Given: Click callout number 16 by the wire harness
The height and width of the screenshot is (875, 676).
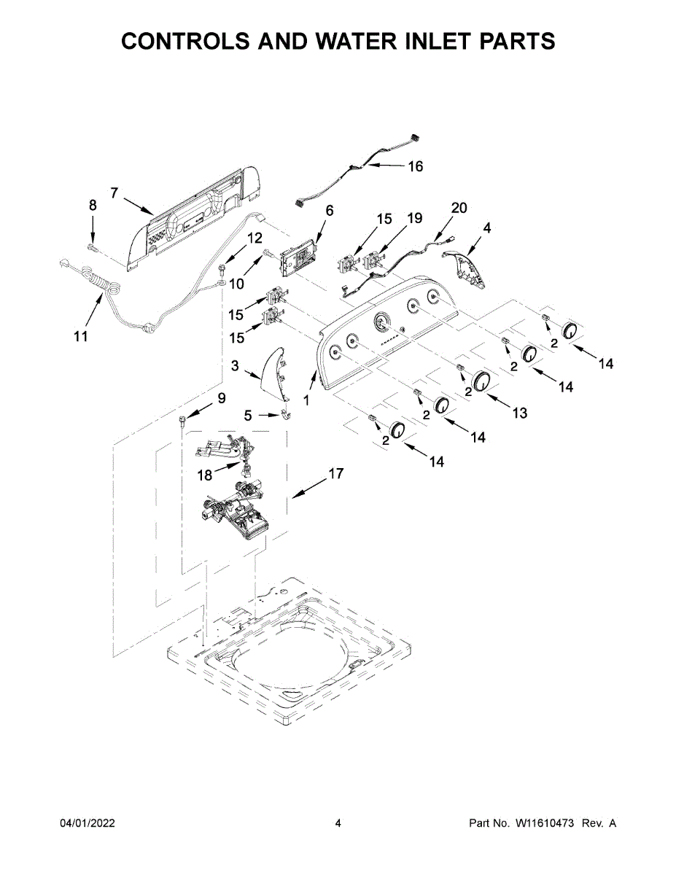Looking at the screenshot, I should [x=414, y=166].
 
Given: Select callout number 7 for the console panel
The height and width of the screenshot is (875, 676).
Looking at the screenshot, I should [x=114, y=192].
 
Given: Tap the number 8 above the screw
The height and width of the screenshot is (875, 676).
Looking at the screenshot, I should [x=93, y=206].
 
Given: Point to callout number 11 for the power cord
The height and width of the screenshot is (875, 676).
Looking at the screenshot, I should [x=80, y=336].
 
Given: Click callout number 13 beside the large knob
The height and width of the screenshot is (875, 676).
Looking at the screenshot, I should [x=519, y=413].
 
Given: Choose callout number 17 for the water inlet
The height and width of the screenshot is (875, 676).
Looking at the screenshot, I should [x=335, y=474].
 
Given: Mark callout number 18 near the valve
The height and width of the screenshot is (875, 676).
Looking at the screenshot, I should [x=205, y=475].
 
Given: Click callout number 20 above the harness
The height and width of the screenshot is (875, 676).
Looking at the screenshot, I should [x=458, y=208].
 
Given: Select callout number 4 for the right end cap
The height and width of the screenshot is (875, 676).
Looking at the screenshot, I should [x=486, y=227].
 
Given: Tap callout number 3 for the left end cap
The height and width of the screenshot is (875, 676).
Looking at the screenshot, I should [x=235, y=366].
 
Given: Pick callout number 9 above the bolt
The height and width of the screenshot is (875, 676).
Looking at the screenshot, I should [x=221, y=398].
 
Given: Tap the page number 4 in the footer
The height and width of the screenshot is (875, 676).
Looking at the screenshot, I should [x=338, y=823].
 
